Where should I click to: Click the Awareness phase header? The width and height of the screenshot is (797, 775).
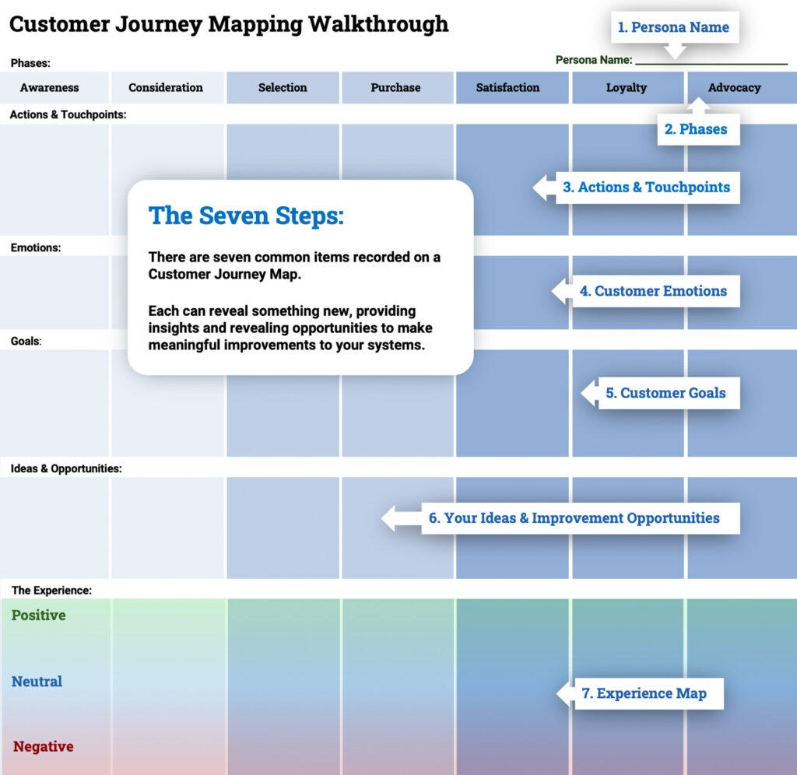50,88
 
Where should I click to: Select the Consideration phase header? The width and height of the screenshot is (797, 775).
166,88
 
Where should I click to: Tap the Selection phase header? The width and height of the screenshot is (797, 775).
283,88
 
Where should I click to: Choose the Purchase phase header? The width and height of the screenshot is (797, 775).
395,88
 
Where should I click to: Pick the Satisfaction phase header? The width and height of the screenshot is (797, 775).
507,88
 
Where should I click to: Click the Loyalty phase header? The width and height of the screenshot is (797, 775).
627,88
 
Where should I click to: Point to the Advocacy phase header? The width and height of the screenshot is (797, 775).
734,88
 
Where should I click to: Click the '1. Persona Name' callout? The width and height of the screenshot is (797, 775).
673,27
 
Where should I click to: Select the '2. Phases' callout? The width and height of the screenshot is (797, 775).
696,129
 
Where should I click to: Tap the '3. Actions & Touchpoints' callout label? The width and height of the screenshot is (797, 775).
646,188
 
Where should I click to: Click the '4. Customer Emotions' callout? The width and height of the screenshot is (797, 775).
653,291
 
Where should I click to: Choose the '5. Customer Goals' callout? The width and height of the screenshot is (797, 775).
665,393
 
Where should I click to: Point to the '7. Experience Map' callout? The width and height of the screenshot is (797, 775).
644,693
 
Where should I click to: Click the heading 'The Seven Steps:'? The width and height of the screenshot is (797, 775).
245,216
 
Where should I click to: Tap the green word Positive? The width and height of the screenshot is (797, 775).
39,615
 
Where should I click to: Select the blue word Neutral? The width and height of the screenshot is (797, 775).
37,682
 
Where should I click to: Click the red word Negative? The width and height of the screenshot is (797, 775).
44,747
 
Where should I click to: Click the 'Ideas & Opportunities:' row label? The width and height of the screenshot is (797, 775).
66,469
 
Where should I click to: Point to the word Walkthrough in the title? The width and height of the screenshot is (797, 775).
378,24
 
